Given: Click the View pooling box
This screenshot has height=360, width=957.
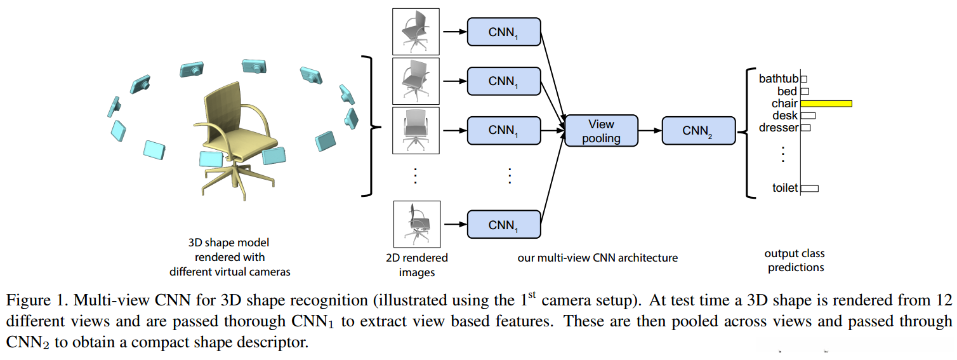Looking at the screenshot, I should tap(601, 130).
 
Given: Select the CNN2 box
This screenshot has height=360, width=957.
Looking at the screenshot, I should tap(698, 130).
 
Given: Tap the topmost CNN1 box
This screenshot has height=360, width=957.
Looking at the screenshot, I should tap(504, 32).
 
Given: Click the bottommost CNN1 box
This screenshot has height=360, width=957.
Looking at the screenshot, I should tap(504, 224).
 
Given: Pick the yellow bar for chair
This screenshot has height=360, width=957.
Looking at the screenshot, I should tap(826, 103).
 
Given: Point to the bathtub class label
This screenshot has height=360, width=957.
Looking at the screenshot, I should tap(778, 79).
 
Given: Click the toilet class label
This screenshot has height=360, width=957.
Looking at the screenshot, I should tap(784, 188).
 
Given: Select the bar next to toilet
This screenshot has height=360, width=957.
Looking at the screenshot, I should tap(810, 188).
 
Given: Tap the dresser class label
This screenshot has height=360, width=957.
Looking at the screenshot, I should tap(778, 128).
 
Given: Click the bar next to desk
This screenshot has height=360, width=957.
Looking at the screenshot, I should tap(808, 116).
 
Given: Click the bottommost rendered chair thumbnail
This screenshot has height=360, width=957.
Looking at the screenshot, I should tap(416, 223).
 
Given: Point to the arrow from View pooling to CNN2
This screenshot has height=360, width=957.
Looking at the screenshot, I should tap(649, 130).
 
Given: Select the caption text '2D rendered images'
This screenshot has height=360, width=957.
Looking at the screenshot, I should tap(416, 265).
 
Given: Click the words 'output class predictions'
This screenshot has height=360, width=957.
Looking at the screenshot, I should tap(795, 260).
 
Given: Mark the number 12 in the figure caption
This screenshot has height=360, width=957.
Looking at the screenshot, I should tap(944, 300).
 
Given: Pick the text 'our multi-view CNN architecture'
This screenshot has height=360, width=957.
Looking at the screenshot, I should tap(598, 258).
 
